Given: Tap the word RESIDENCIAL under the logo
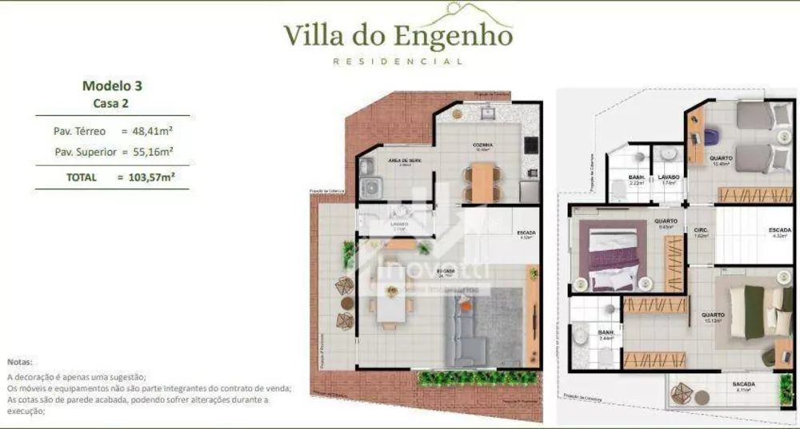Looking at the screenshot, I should [x=398, y=62].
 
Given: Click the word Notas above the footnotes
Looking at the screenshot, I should [x=21, y=362].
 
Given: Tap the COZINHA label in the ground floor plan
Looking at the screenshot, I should [x=482, y=145].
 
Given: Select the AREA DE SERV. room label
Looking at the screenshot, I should [x=404, y=161].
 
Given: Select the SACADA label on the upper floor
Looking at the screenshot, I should [x=743, y=384].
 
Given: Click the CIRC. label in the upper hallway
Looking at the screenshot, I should [x=700, y=229].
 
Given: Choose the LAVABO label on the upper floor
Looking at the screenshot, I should [x=668, y=177].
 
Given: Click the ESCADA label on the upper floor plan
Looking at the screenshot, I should [x=779, y=230].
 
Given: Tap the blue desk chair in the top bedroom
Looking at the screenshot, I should [x=710, y=137].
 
